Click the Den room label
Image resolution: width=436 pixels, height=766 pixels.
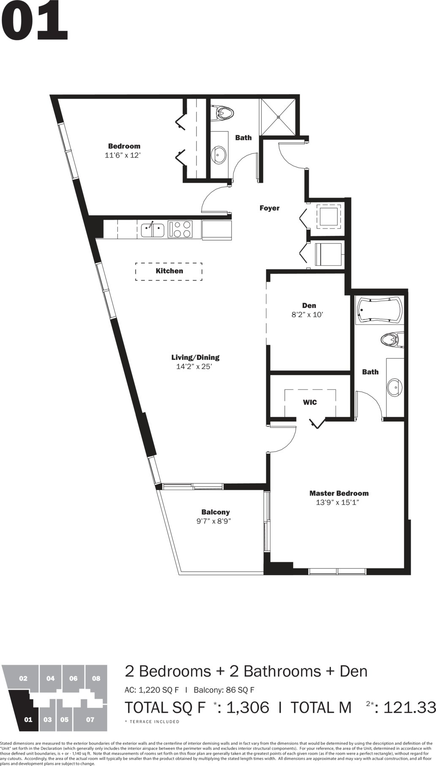[x=309, y=305]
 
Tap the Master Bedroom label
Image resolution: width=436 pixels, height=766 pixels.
[x=339, y=493]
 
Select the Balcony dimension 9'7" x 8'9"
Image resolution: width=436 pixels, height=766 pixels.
[x=214, y=521]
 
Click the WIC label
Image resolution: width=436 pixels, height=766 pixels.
[x=310, y=402]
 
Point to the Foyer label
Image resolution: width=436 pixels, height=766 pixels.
[x=270, y=208]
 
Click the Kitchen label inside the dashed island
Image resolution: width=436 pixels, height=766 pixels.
[x=169, y=271]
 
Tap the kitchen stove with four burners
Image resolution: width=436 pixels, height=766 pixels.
[x=180, y=229]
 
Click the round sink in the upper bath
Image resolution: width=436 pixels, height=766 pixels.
[x=219, y=155]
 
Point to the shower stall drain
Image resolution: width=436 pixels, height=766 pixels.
[x=278, y=117]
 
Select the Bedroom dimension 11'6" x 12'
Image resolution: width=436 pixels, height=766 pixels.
[x=123, y=155]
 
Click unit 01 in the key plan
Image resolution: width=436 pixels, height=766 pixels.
[x=28, y=720]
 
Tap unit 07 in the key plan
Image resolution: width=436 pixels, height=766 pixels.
[x=90, y=720]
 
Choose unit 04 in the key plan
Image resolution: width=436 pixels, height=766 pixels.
[x=50, y=679]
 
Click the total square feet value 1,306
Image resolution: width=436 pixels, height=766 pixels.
[x=248, y=707]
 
